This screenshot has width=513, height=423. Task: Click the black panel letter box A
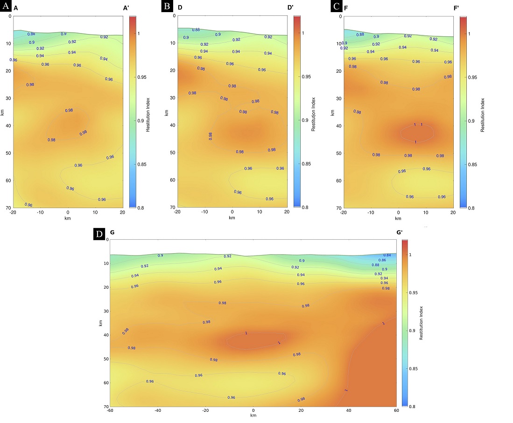pos(7,7)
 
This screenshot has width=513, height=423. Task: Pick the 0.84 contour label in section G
pos(387,255)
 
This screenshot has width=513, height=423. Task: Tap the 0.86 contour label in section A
pos(31,34)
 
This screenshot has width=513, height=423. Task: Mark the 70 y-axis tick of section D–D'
pos(172,207)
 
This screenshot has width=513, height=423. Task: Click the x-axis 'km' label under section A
pos(68,218)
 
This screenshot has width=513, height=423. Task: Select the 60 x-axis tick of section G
pos(396,411)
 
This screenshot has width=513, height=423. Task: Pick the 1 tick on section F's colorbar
pos(470,34)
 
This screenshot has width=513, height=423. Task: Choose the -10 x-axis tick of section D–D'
pos(204,211)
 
